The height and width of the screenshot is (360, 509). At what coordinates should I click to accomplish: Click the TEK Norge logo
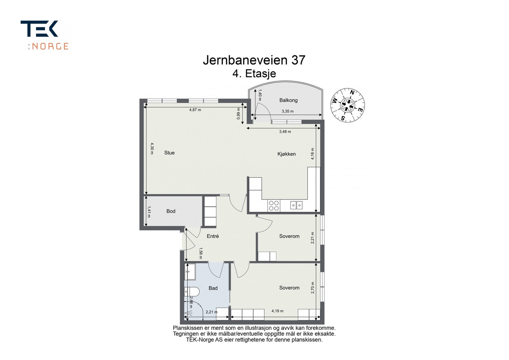[45, 35]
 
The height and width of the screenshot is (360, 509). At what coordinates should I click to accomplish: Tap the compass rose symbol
[347, 105]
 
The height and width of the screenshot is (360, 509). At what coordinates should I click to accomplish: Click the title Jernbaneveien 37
[254, 60]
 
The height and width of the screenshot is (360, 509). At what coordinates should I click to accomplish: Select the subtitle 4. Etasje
[254, 74]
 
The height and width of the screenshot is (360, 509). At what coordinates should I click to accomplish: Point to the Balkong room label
[288, 100]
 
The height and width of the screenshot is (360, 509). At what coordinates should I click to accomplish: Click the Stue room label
[169, 153]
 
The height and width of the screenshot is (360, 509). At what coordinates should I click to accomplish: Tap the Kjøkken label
[286, 154]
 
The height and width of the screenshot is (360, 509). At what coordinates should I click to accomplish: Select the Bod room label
[171, 211]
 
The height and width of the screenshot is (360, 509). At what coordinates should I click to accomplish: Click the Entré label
[213, 236]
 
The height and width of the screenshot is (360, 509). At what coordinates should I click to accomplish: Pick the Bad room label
[213, 288]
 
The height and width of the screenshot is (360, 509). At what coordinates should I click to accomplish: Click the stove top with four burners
[274, 205]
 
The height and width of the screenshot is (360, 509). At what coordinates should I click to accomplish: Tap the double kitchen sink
[296, 205]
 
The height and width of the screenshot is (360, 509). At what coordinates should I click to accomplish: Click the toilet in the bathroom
[192, 291]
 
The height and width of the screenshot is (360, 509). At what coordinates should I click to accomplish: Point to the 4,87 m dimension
[195, 110]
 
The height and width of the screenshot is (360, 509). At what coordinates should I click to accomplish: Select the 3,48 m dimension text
[285, 131]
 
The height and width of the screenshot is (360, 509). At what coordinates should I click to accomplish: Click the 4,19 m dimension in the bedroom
[277, 311]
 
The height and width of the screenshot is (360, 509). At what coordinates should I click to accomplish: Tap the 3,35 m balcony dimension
[287, 111]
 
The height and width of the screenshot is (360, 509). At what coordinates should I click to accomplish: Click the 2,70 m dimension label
[312, 287]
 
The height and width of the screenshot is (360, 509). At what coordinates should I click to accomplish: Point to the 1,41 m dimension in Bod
[149, 212]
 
